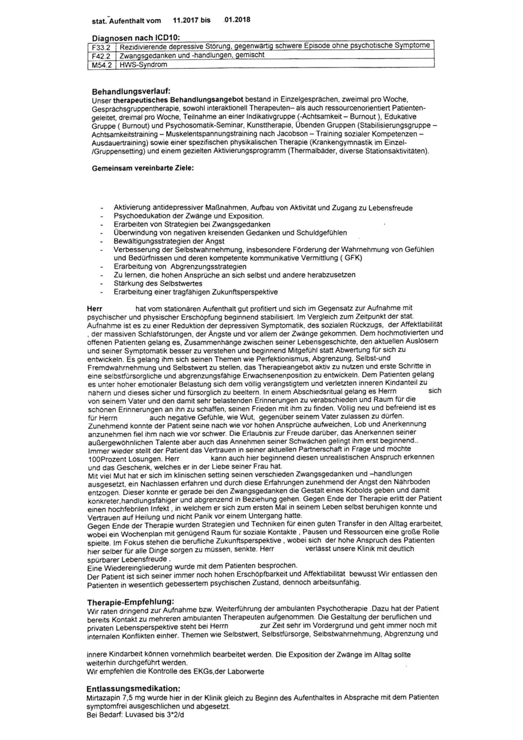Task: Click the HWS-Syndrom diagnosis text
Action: pyautogui.click(x=143, y=65)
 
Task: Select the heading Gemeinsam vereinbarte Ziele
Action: pyautogui.click(x=143, y=168)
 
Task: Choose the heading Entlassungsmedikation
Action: pyautogui.click(x=133, y=689)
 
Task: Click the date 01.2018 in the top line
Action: pyautogui.click(x=237, y=20)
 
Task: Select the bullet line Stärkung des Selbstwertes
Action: pyautogui.click(x=158, y=283)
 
